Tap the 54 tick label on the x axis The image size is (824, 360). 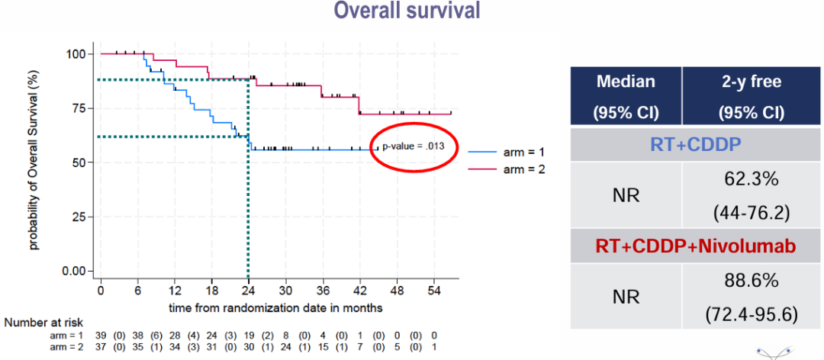click(434, 291)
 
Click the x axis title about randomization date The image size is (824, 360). click(275, 307)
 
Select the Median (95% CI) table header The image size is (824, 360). click(626, 97)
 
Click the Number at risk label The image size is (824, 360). click(43, 323)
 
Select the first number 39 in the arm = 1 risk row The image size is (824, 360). click(101, 334)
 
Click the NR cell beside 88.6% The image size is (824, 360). click(626, 296)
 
